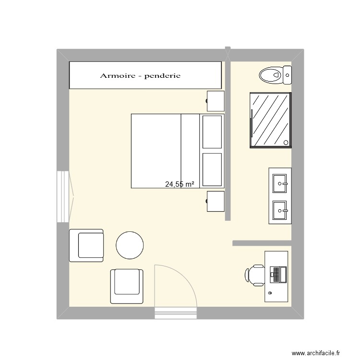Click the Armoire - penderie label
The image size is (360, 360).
(140, 75)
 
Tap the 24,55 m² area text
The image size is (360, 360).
(180, 184)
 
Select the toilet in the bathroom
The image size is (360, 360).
(271, 74)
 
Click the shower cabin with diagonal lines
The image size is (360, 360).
(270, 120)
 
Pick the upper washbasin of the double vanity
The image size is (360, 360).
(279, 183)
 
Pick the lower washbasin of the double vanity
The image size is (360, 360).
(279, 209)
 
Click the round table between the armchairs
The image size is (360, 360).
(130, 245)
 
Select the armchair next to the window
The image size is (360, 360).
(87, 245)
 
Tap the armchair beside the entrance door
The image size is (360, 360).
(127, 286)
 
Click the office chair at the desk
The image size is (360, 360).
(255, 275)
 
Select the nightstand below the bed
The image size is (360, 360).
(216, 201)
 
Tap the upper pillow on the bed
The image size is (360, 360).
(213, 132)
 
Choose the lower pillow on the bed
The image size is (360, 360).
(213, 169)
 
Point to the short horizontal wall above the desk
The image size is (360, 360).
(262, 243)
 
